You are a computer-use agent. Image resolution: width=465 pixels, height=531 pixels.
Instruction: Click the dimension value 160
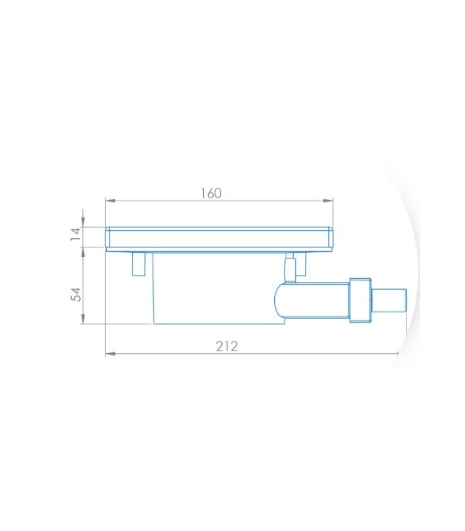(211, 193)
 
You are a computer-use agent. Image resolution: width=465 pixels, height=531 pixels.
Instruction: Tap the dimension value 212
(227, 346)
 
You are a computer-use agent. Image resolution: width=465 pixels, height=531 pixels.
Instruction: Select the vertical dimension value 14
(76, 234)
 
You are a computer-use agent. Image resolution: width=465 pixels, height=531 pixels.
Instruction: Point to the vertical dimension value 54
(76, 294)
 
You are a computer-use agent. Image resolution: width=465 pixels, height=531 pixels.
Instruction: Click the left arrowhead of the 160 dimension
(110, 201)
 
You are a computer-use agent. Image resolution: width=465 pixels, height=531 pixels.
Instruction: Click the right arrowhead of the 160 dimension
(328, 201)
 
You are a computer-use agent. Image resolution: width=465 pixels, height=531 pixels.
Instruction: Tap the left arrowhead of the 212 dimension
(110, 354)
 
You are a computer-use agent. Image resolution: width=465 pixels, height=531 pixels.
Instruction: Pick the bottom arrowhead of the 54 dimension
(83, 319)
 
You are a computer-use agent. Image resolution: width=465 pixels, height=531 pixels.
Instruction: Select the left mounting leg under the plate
(139, 263)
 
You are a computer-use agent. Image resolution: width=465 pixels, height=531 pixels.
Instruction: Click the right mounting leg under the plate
(301, 263)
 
